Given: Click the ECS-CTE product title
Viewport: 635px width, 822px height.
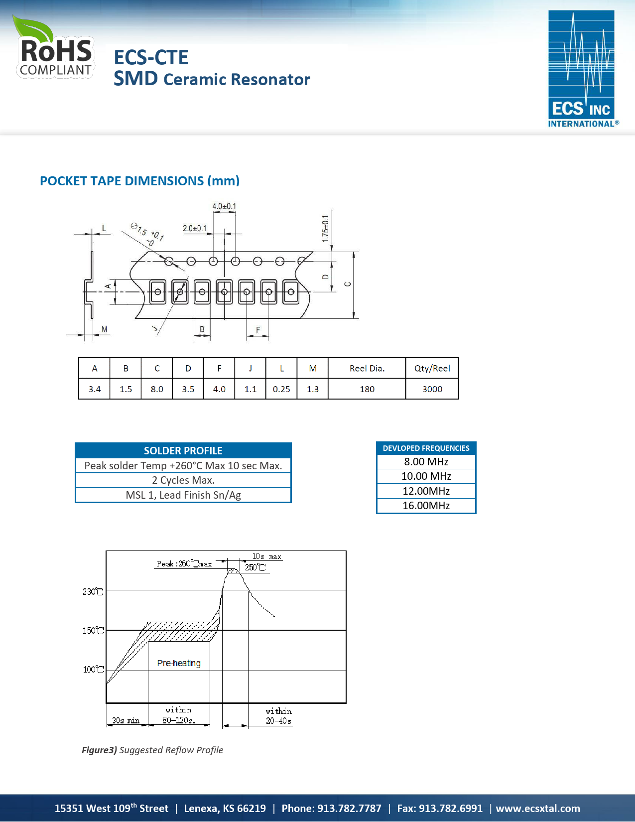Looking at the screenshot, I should pos(151,57).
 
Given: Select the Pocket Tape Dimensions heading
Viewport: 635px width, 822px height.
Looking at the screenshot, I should pos(139,181).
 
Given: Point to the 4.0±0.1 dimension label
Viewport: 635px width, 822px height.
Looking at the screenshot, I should pos(224,206).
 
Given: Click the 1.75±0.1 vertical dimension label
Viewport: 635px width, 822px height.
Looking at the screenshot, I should pos(325,228).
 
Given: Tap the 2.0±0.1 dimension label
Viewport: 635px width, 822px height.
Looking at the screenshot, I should pos(194,228).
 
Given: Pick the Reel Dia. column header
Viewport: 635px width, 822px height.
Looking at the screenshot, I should pos(367,368).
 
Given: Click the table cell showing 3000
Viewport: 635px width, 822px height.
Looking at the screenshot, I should pos(432,389).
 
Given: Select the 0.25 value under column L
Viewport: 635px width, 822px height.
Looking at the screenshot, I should pos(281,389).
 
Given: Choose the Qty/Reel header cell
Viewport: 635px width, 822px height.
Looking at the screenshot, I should pos(432,368).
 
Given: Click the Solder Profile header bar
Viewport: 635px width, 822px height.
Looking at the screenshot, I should pos(183,450).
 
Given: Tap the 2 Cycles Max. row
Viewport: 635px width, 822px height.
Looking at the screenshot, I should pos(183,480).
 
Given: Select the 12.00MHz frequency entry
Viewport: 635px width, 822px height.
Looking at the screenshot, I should pos(426,491).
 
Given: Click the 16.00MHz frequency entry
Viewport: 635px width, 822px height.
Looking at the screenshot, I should pos(426,506).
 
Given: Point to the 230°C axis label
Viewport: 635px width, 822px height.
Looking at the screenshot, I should pos(93,591).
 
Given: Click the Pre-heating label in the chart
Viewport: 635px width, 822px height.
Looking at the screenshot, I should pos(179,663).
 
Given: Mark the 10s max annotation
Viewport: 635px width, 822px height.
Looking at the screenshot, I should pos(266,556).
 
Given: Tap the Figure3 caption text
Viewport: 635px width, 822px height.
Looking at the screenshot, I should pos(152,750).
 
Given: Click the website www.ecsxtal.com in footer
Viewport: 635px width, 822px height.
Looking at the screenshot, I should pos(538,809).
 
